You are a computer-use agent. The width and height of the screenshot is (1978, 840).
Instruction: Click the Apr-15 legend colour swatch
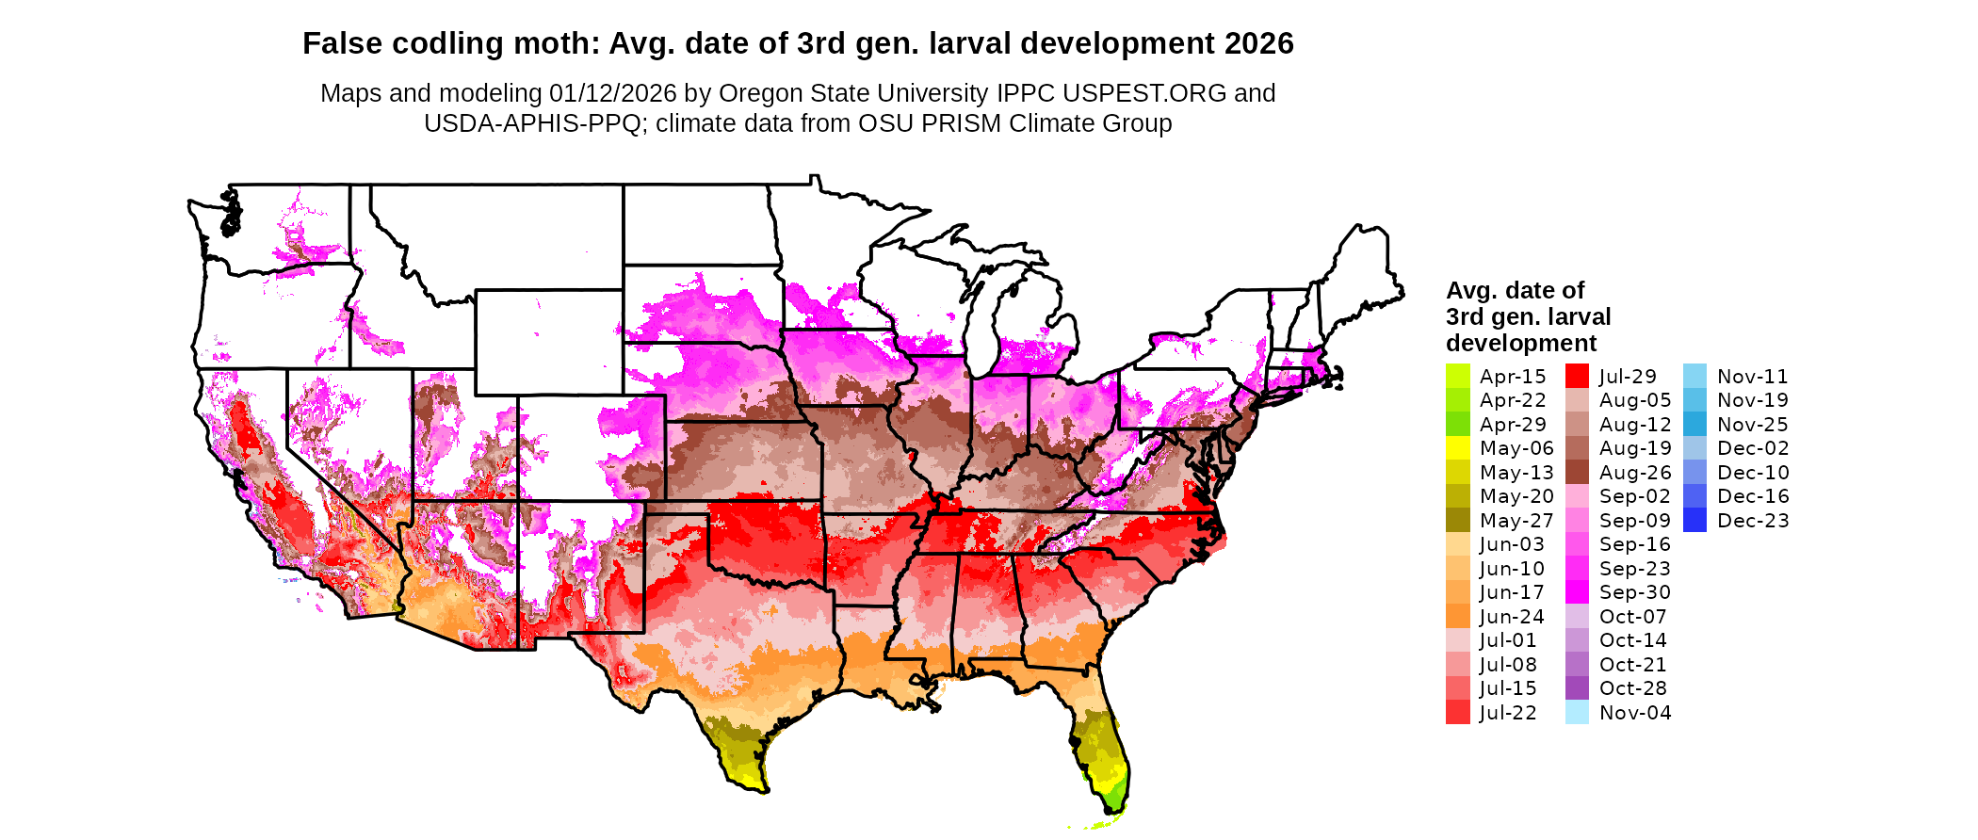(x=1457, y=376)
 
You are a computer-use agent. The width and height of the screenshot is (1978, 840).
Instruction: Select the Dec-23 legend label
(x=1753, y=521)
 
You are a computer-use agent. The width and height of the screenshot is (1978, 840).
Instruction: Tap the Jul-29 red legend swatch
(x=1577, y=376)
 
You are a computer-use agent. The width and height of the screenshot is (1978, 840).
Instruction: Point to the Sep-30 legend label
(x=1634, y=592)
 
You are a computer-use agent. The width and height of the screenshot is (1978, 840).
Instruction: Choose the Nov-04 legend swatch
(x=1577, y=713)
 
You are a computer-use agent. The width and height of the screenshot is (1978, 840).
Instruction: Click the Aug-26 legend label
(x=1634, y=473)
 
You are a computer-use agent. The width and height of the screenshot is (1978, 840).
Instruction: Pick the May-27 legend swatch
(x=1457, y=521)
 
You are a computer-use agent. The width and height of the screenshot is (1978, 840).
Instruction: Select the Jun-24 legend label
(x=1512, y=617)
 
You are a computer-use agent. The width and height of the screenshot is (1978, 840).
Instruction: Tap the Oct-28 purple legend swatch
(x=1577, y=688)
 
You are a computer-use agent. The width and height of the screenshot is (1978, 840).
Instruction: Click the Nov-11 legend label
(x=1752, y=377)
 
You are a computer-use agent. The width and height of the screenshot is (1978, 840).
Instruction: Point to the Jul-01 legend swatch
(x=1457, y=640)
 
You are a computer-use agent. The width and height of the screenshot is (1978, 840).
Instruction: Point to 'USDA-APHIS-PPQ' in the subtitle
(x=532, y=123)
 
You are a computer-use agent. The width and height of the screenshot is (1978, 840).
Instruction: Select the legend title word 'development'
(x=1521, y=343)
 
